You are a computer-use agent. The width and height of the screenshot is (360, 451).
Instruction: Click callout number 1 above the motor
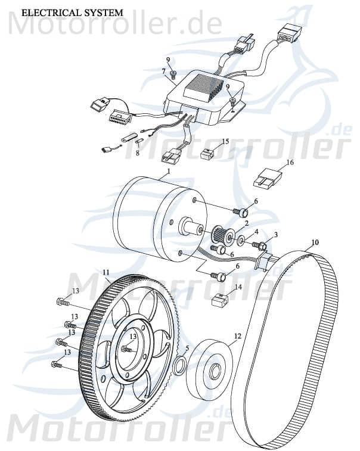coord(169,170)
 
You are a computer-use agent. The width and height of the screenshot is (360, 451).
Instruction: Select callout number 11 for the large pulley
coord(106,272)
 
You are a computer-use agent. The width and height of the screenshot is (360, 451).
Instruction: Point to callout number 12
coord(237,336)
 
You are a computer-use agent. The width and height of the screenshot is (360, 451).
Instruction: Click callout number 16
coord(290,161)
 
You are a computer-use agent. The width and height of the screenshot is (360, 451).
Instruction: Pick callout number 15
coord(225,142)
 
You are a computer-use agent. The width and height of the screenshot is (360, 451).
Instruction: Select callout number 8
coord(137,153)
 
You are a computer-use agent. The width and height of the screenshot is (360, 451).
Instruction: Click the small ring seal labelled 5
coord(179,365)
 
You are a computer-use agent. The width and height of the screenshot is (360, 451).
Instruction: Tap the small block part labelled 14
coord(221,300)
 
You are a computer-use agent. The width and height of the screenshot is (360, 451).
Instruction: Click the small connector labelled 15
coord(207,154)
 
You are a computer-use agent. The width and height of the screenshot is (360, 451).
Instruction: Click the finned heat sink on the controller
coord(204,89)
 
